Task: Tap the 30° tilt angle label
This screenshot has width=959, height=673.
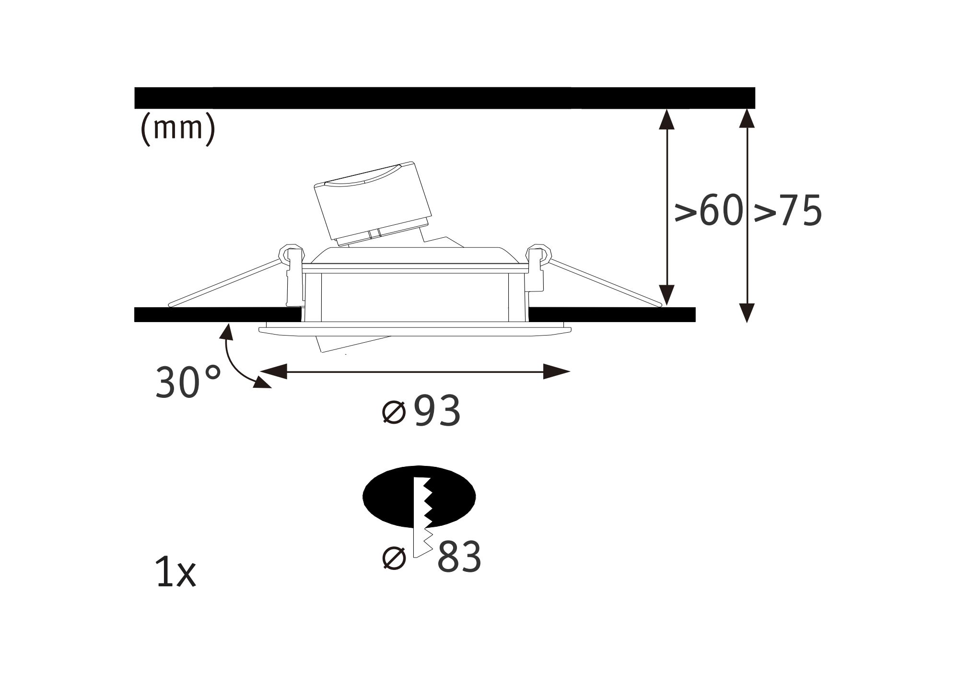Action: [188, 382]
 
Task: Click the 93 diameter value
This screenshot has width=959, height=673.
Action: [437, 411]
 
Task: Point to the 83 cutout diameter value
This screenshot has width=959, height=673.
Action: [459, 557]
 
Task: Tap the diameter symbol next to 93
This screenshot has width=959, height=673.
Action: [394, 412]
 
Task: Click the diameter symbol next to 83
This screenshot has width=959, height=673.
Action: [394, 558]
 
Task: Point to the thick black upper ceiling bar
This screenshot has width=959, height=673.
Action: [444, 98]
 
